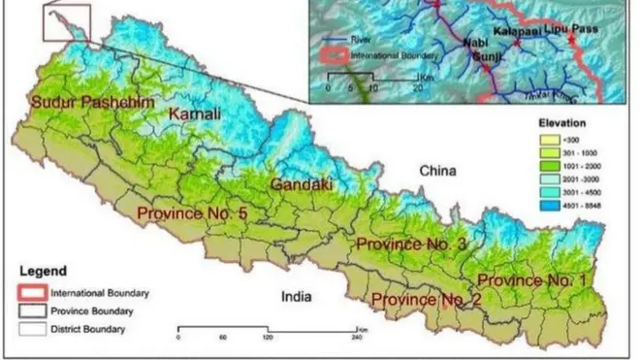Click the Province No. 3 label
[413, 244]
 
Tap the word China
[437, 172]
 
